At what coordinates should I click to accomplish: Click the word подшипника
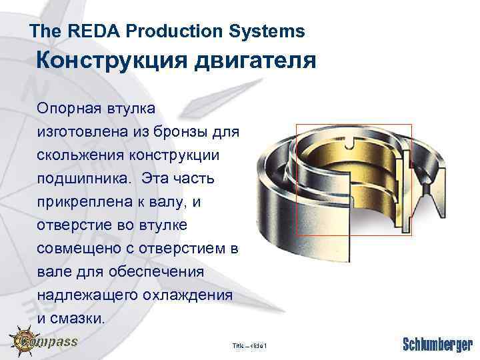81,179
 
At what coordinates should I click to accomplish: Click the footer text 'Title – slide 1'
249,346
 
